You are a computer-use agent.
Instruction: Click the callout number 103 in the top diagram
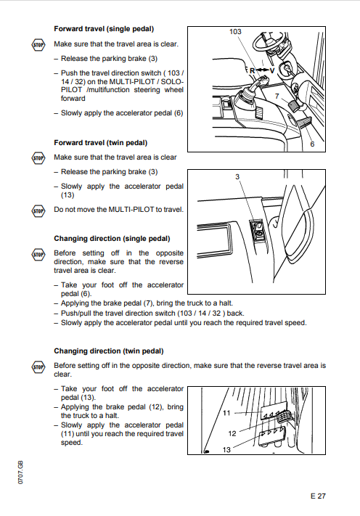pyautogui.click(x=235, y=32)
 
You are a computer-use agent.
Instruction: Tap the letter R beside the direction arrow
pyautogui.click(x=253, y=70)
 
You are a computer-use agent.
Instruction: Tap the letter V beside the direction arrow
pyautogui.click(x=272, y=70)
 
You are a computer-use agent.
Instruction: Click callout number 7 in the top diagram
pyautogui.click(x=277, y=96)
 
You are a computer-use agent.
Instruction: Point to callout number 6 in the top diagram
pyautogui.click(x=312, y=144)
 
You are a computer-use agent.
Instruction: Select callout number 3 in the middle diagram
pyautogui.click(x=237, y=176)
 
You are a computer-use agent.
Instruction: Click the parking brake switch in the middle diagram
pyautogui.click(x=258, y=229)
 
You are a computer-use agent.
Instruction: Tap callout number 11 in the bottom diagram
pyautogui.click(x=226, y=413)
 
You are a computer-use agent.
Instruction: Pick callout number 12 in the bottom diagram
pyautogui.click(x=232, y=433)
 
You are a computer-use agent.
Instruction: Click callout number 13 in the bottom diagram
pyautogui.click(x=226, y=449)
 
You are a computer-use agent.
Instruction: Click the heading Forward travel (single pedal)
pyautogui.click(x=104, y=29)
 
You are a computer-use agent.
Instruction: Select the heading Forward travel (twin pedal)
pyautogui.click(x=101, y=143)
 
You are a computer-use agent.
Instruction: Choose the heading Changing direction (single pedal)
pyautogui.click(x=112, y=239)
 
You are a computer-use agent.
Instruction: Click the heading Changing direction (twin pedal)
pyautogui.click(x=109, y=351)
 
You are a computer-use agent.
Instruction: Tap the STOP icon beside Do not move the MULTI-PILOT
pyautogui.click(x=38, y=211)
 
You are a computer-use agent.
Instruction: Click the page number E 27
pyautogui.click(x=318, y=496)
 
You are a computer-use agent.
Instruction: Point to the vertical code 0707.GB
pyautogui.click(x=20, y=472)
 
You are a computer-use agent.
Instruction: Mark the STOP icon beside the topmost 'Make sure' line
pyautogui.click(x=38, y=45)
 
